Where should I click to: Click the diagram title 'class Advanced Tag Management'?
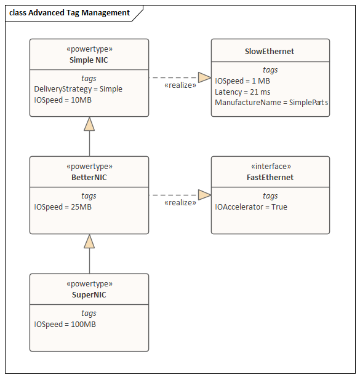point(70,13)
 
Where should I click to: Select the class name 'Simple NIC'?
point(89,60)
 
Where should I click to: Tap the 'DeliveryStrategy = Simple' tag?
point(78,89)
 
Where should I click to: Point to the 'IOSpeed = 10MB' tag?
point(63,100)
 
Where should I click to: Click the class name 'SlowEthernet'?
point(270,52)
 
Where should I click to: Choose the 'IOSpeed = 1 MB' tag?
point(242,81)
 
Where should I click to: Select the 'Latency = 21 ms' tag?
point(242,92)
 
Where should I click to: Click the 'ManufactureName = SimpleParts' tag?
point(271,103)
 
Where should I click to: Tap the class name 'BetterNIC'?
point(89,178)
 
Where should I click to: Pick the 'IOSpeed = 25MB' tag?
point(63,207)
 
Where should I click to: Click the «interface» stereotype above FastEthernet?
point(271,167)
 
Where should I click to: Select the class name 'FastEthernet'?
point(270,178)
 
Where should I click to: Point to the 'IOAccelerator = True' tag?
point(251,207)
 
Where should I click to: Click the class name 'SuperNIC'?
point(89,295)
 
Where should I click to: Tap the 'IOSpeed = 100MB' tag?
point(65,325)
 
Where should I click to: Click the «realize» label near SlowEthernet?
point(180,85)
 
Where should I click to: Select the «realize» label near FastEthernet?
point(180,203)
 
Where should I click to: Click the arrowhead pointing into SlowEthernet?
point(204,77)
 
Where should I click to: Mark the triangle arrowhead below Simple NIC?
point(89,124)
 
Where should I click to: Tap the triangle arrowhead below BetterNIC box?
point(89,242)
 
